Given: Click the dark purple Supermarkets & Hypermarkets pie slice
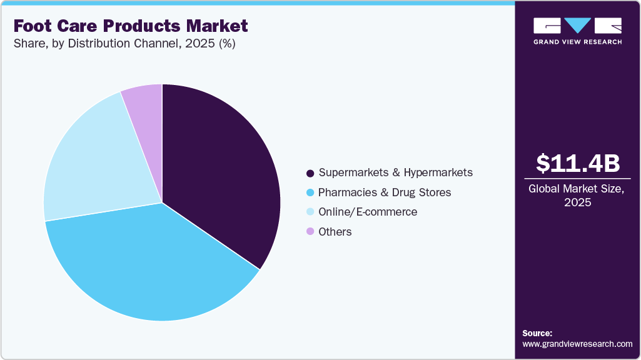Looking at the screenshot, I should (x=219, y=169).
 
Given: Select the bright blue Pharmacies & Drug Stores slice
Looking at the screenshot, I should (x=150, y=262).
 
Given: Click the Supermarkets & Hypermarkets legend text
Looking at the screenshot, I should (x=395, y=172).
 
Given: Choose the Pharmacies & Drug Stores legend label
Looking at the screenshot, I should (x=385, y=192).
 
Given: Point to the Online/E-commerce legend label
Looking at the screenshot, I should (x=367, y=212).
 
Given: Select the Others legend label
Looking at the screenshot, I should (x=335, y=232).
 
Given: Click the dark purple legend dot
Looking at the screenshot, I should (x=310, y=172).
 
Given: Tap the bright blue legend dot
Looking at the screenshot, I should (x=310, y=192).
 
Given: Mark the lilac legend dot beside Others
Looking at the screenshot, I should (x=310, y=232).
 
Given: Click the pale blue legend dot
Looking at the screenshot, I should (x=310, y=212).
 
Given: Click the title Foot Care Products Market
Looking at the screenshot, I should (x=131, y=26).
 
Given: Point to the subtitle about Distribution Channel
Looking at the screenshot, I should (x=124, y=44).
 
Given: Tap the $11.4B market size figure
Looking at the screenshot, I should (x=578, y=163).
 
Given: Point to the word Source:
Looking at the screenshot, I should (x=537, y=333).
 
